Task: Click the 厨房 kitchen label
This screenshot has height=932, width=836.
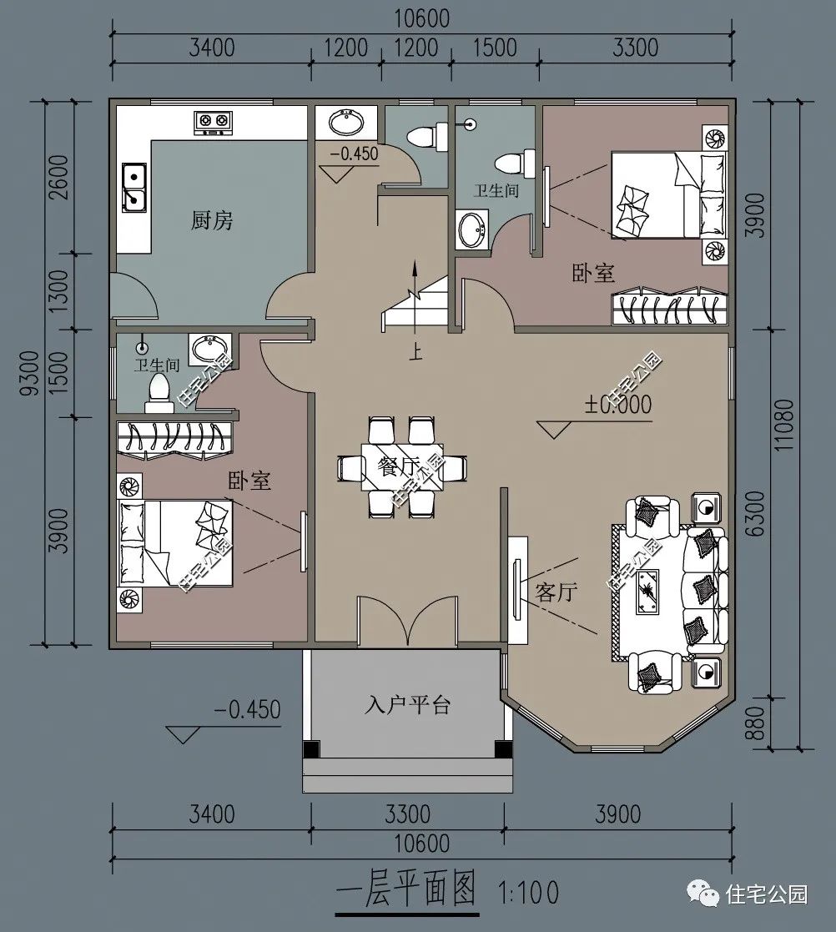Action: (x=212, y=220)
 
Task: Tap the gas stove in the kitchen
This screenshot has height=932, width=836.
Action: (x=213, y=122)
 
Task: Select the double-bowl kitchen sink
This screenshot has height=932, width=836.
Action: (x=134, y=187)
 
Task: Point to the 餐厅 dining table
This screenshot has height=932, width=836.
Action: (x=402, y=466)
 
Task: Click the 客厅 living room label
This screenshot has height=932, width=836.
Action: (x=556, y=592)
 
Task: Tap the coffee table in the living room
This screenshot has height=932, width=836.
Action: (x=647, y=592)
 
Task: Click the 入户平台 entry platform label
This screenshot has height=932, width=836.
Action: (x=408, y=705)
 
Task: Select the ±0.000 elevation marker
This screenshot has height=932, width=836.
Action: (x=618, y=405)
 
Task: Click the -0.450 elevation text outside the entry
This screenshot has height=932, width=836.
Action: (x=247, y=709)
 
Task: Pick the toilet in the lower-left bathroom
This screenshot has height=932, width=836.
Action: (x=158, y=393)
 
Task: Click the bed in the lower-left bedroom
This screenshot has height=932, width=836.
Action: (x=176, y=543)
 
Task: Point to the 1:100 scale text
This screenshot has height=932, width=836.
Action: (x=528, y=892)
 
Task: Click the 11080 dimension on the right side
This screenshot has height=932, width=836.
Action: (x=784, y=424)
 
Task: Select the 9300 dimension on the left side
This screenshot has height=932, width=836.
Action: (x=29, y=372)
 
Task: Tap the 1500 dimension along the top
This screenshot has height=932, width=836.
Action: (x=495, y=48)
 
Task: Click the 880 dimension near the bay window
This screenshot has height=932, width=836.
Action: (x=754, y=723)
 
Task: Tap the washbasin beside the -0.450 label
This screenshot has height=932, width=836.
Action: (x=348, y=123)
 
